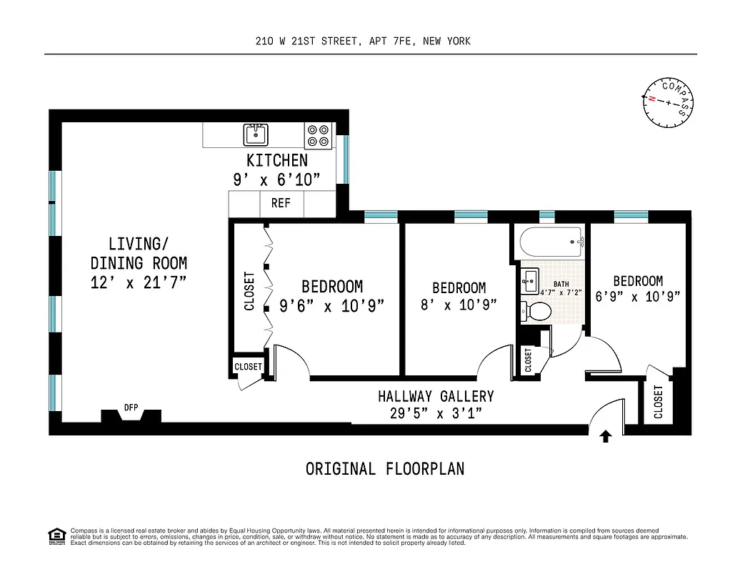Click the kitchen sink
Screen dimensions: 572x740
(255, 134)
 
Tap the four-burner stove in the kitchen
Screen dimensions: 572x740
(319, 136)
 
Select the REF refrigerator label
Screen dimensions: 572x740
(281, 203)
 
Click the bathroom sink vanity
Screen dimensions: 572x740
(529, 280)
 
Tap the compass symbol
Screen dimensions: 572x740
(668, 102)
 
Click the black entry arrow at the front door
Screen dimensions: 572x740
(606, 436)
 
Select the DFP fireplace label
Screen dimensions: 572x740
(131, 408)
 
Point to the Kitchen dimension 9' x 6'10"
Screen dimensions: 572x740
(276, 180)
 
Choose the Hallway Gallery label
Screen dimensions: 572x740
(436, 396)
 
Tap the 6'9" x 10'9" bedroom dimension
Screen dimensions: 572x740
(637, 296)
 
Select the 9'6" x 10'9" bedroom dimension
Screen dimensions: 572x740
(331, 305)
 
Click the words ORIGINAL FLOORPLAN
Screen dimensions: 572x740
(385, 469)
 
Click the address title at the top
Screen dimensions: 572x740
(363, 41)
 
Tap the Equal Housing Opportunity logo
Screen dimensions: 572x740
(56, 535)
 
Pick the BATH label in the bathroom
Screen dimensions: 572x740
(561, 284)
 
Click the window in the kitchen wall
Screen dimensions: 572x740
(344, 158)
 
